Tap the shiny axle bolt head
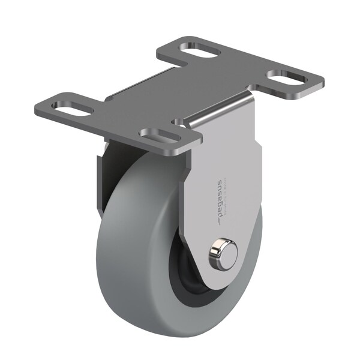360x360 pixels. click(x=223, y=254)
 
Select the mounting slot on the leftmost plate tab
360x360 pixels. click(x=72, y=107)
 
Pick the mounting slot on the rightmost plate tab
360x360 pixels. click(x=287, y=77)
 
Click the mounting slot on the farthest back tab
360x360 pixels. click(x=199, y=49)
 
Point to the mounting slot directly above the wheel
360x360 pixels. click(x=160, y=135)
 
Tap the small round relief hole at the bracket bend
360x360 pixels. click(x=179, y=122)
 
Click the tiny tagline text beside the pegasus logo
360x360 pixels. click(x=225, y=199)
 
